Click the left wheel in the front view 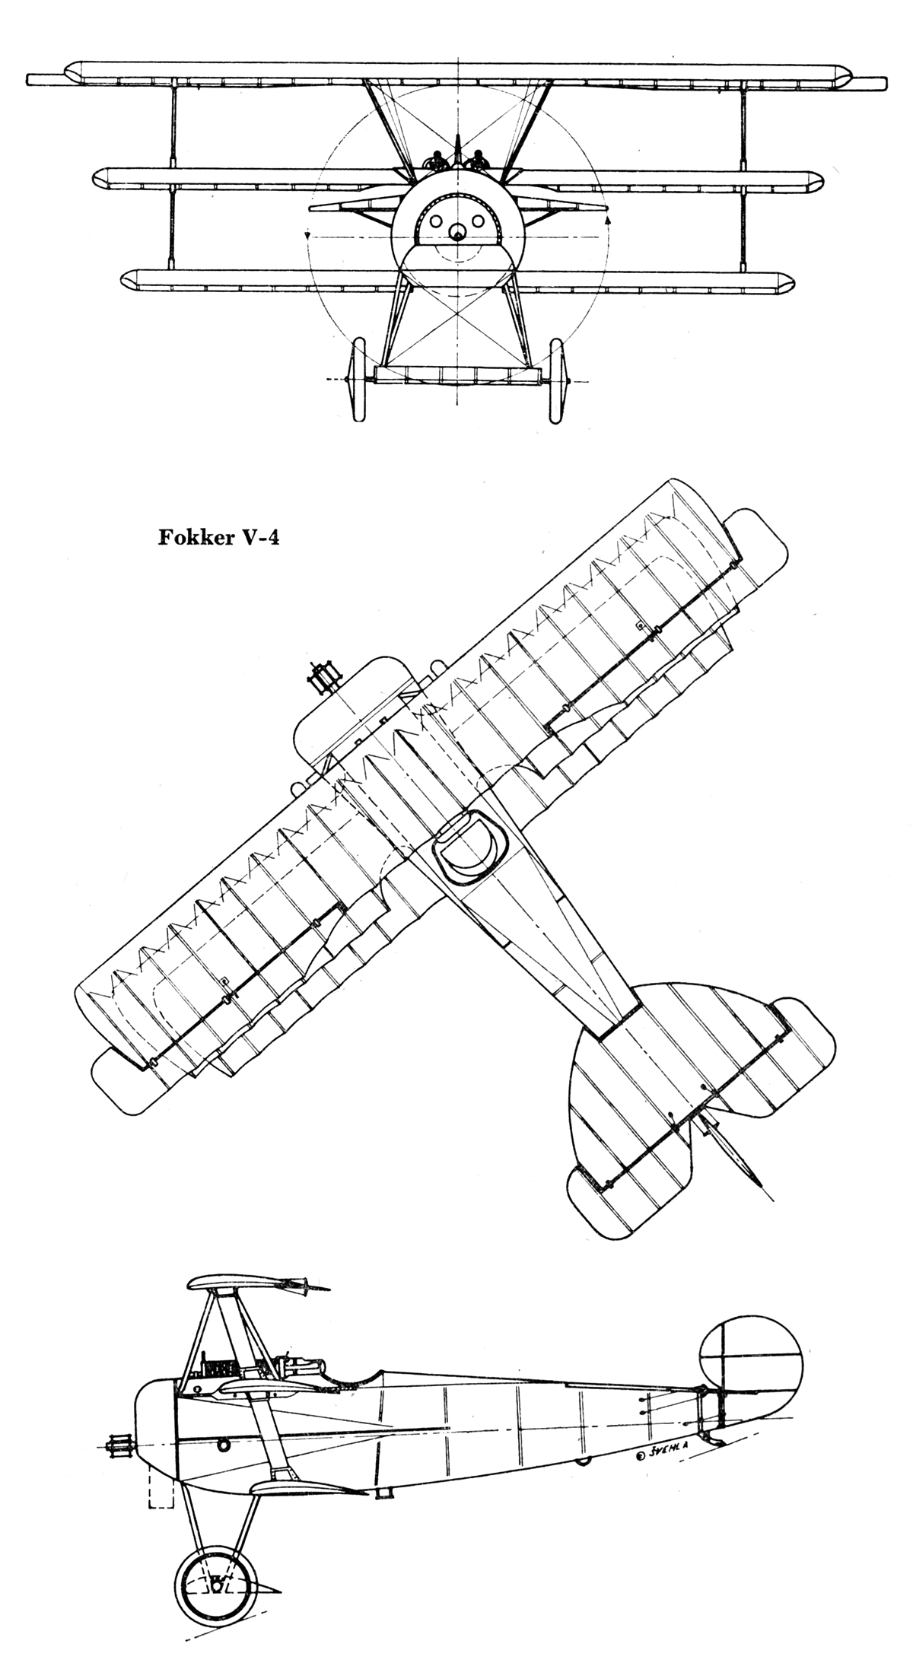coord(358,380)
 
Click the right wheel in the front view coord(557,380)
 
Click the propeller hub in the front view coord(457,233)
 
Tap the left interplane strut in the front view coord(175,175)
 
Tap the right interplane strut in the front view coord(740,175)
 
